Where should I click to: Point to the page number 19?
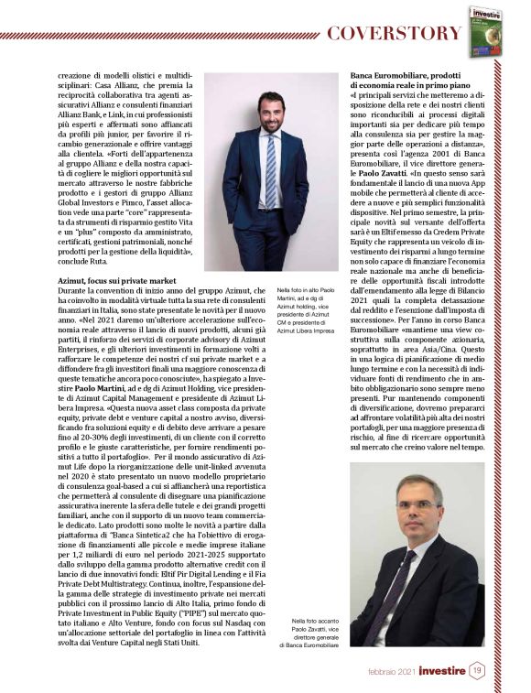point(478,671)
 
